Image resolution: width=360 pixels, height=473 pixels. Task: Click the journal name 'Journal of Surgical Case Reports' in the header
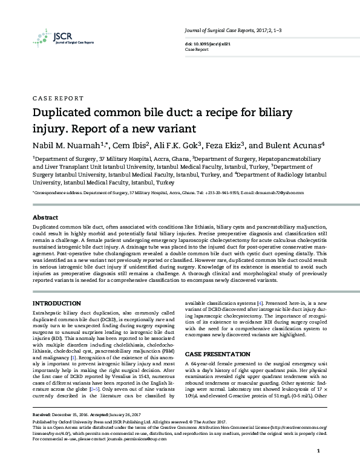pyautogui.click(x=217, y=30)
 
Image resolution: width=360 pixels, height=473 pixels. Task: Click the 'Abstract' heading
pyautogui.click(x=45, y=217)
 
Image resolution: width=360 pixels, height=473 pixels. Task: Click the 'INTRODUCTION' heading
pyautogui.click(x=57, y=302)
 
